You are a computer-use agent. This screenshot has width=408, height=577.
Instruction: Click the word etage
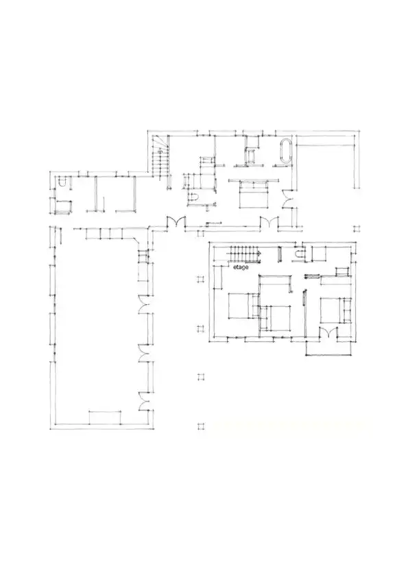coord(241,267)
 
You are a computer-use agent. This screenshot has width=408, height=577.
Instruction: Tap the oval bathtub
coord(286,151)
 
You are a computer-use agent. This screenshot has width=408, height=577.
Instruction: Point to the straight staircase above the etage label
coord(245,254)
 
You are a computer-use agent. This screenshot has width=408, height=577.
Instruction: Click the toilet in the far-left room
coord(62,182)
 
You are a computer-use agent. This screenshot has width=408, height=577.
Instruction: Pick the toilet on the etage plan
coord(300,254)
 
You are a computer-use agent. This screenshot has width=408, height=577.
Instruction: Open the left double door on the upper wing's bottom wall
coord(176,223)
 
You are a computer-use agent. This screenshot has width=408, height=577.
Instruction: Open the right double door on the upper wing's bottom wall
coord(269,223)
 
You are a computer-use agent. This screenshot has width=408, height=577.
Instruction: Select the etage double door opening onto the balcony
coord(328,332)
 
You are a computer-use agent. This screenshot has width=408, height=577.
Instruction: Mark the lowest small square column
coord(201,426)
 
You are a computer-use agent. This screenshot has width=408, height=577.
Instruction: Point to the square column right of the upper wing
coord(356,228)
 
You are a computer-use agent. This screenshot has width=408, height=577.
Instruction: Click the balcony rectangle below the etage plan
coord(328,349)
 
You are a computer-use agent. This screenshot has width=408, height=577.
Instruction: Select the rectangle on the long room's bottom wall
coord(105,417)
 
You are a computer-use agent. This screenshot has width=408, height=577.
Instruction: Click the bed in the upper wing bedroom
coord(253,195)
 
